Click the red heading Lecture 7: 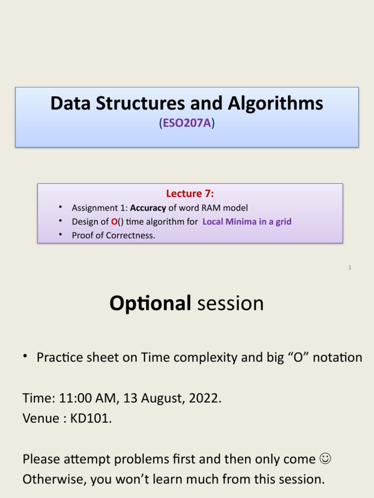point(190,194)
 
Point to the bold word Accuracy point(148,208)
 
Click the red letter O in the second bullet point(114,222)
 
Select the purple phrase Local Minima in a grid point(247,222)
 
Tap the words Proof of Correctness point(113,236)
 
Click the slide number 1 point(350,267)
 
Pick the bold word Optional point(150,303)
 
